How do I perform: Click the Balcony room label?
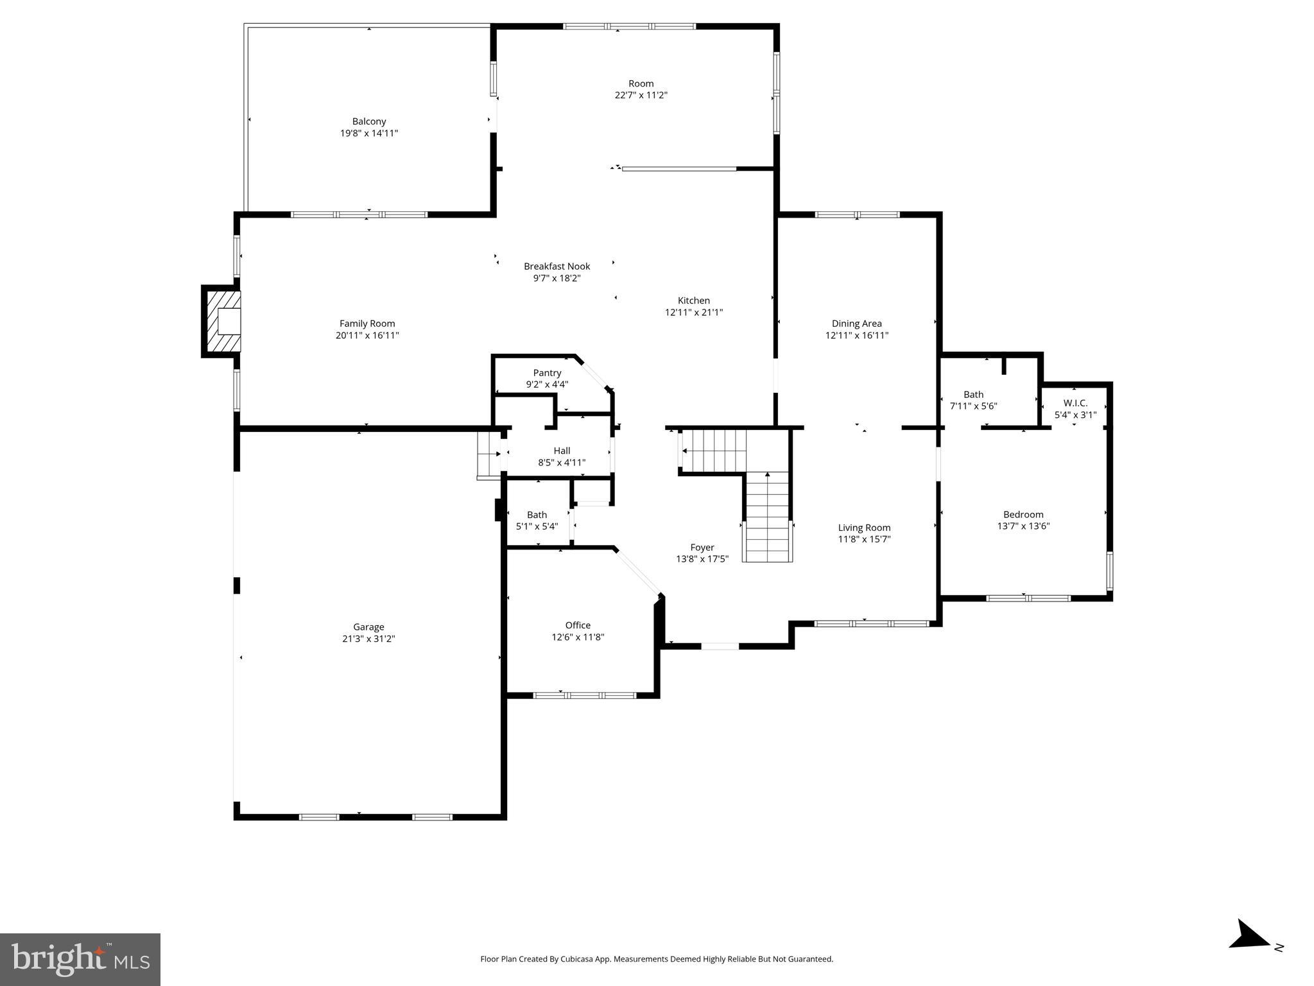tap(368, 121)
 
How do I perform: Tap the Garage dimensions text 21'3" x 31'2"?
tap(368, 639)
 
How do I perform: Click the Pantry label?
tap(547, 373)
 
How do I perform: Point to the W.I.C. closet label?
tap(1075, 403)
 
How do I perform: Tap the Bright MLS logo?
tap(80, 959)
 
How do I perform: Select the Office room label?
tap(578, 625)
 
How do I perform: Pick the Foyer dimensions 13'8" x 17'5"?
tap(702, 559)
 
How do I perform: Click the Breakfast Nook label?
tap(557, 266)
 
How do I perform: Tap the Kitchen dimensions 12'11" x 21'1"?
tap(693, 313)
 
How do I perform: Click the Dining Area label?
tap(856, 324)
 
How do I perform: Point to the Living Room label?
tap(864, 528)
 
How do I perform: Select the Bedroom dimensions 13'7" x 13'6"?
tap(1023, 526)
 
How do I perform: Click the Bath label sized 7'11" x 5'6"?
tap(973, 395)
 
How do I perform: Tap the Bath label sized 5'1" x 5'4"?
tap(537, 515)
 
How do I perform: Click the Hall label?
tap(562, 451)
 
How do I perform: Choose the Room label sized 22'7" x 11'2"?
tap(641, 83)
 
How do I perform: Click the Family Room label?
tap(367, 324)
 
